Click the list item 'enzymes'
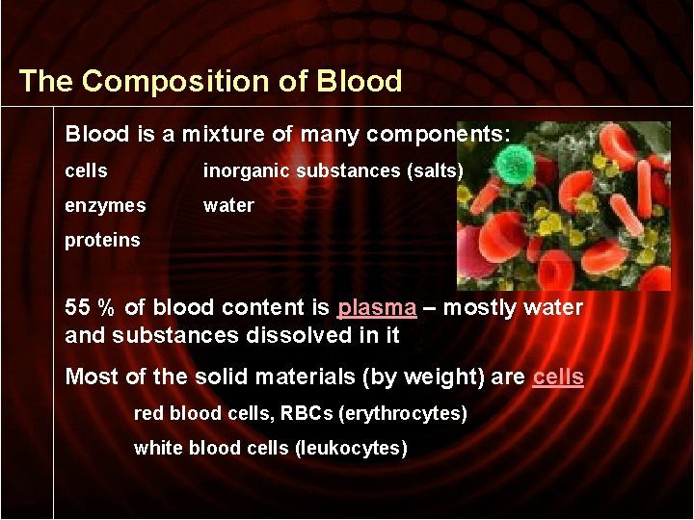coord(105,205)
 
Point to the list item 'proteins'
coord(102,240)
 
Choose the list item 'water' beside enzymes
coord(228,205)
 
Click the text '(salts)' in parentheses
coord(436,170)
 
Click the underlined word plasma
coord(377,308)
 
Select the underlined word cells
coord(558,377)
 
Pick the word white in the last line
coord(154,448)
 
